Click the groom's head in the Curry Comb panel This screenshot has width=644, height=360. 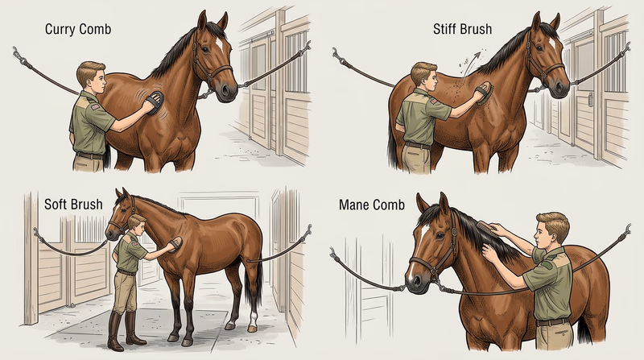[90, 76]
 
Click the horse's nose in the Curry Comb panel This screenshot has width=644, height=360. [229, 91]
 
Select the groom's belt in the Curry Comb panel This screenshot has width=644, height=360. [89, 153]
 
